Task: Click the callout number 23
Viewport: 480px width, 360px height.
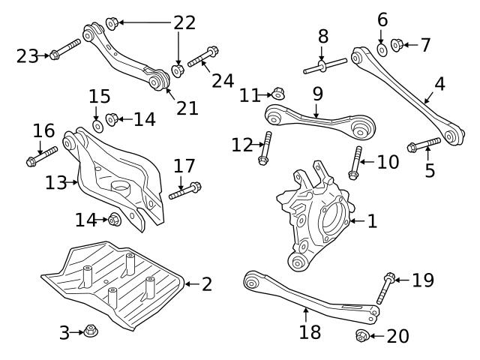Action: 27,55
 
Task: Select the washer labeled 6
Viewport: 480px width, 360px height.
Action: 382,49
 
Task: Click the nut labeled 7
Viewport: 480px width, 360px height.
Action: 397,45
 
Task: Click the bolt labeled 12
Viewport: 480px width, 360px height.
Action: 264,149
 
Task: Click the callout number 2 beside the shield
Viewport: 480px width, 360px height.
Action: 206,283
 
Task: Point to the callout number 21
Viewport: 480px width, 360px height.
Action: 187,107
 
